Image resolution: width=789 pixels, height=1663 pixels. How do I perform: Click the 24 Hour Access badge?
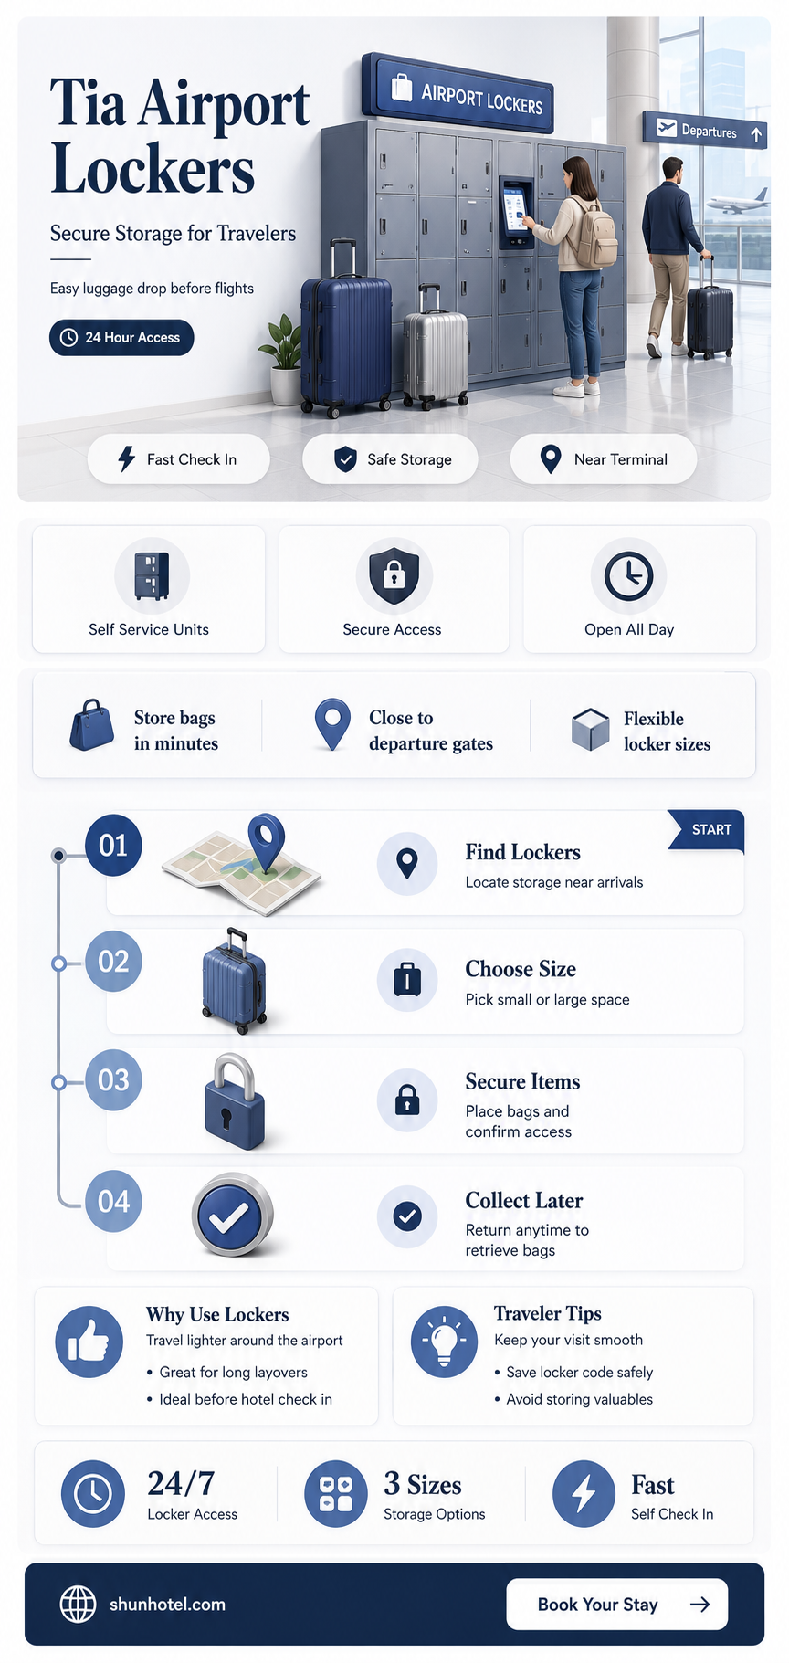[x=121, y=337]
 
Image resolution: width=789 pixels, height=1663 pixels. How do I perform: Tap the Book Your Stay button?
[x=617, y=1604]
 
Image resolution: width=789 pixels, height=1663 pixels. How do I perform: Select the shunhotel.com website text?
[x=167, y=1604]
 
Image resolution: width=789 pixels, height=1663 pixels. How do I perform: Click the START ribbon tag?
[x=707, y=830]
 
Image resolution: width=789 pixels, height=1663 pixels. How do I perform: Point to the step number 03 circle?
[x=113, y=1080]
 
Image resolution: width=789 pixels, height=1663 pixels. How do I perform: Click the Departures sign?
[x=704, y=131]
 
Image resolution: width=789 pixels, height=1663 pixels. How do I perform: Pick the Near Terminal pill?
[x=604, y=459]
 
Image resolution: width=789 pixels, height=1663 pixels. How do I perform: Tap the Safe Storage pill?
[x=391, y=459]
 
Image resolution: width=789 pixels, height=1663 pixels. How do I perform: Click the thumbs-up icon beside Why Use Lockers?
[x=89, y=1342]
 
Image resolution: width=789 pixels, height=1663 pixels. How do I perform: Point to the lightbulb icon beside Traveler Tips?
[x=444, y=1341]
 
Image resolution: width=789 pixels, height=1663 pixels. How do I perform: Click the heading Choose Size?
[x=521, y=969]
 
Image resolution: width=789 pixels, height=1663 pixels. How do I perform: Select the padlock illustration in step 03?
[x=236, y=1101]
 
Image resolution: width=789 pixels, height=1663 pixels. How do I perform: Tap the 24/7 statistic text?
[x=182, y=1483]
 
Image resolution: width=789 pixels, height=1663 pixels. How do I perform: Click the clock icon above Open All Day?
[x=629, y=575]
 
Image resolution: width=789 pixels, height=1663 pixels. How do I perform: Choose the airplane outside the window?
[x=738, y=202]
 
